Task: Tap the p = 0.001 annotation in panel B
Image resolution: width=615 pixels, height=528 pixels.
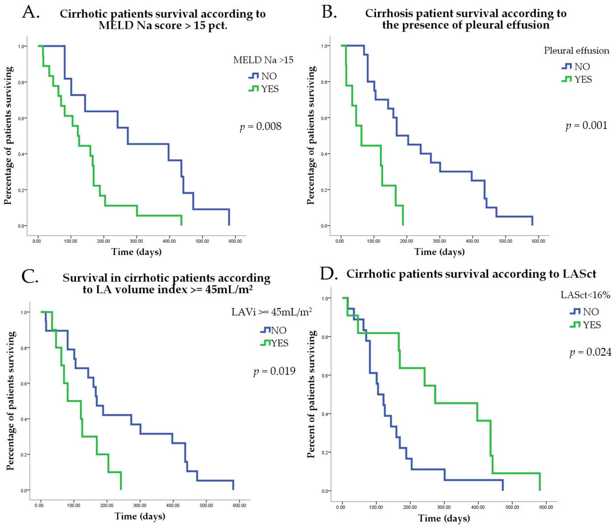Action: [x=586, y=125]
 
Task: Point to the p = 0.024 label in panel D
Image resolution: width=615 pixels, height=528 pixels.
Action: [x=590, y=352]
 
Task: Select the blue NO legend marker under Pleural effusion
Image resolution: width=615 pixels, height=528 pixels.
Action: [x=567, y=67]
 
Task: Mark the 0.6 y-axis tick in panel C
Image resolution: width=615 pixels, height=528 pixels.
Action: [x=23, y=383]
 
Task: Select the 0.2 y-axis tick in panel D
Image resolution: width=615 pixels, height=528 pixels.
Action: [x=325, y=452]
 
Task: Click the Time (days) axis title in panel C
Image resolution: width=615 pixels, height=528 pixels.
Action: [x=140, y=516]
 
